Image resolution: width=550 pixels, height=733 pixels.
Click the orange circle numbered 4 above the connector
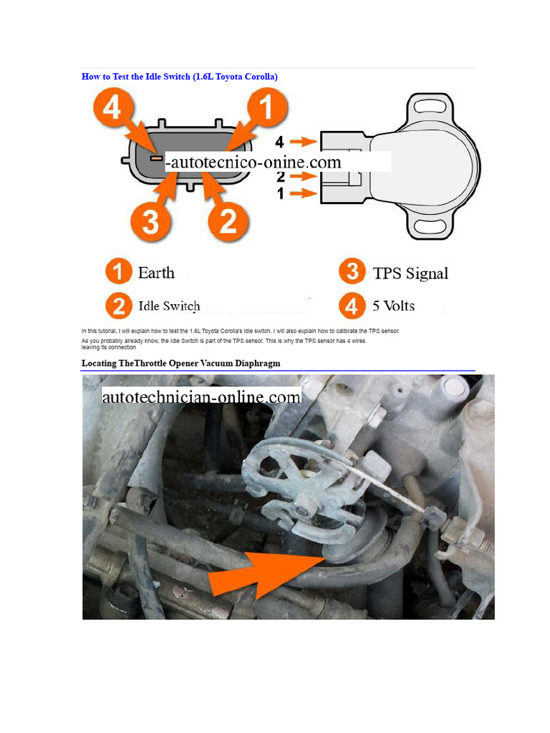coord(112,109)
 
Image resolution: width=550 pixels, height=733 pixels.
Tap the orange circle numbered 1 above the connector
coord(266,109)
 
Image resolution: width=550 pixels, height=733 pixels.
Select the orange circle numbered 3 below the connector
coord(150,223)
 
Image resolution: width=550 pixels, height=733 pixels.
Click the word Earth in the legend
coord(156,273)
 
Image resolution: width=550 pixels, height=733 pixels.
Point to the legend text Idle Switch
coord(169,306)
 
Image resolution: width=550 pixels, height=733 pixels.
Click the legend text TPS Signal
coord(410,273)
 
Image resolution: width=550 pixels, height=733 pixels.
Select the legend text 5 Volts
coord(393,306)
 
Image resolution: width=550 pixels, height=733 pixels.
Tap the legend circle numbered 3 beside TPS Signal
coord(352,272)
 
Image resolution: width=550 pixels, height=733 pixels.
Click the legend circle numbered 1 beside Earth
coord(118,272)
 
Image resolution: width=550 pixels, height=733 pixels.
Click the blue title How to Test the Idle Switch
coord(180,76)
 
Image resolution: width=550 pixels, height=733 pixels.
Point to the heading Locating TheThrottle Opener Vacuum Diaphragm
coord(181,363)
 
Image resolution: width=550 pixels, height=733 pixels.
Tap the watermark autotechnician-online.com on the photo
coord(201,397)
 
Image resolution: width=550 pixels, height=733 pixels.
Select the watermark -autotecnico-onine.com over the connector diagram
coord(253,162)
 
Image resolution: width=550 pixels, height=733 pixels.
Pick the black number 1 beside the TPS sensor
coord(281,193)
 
